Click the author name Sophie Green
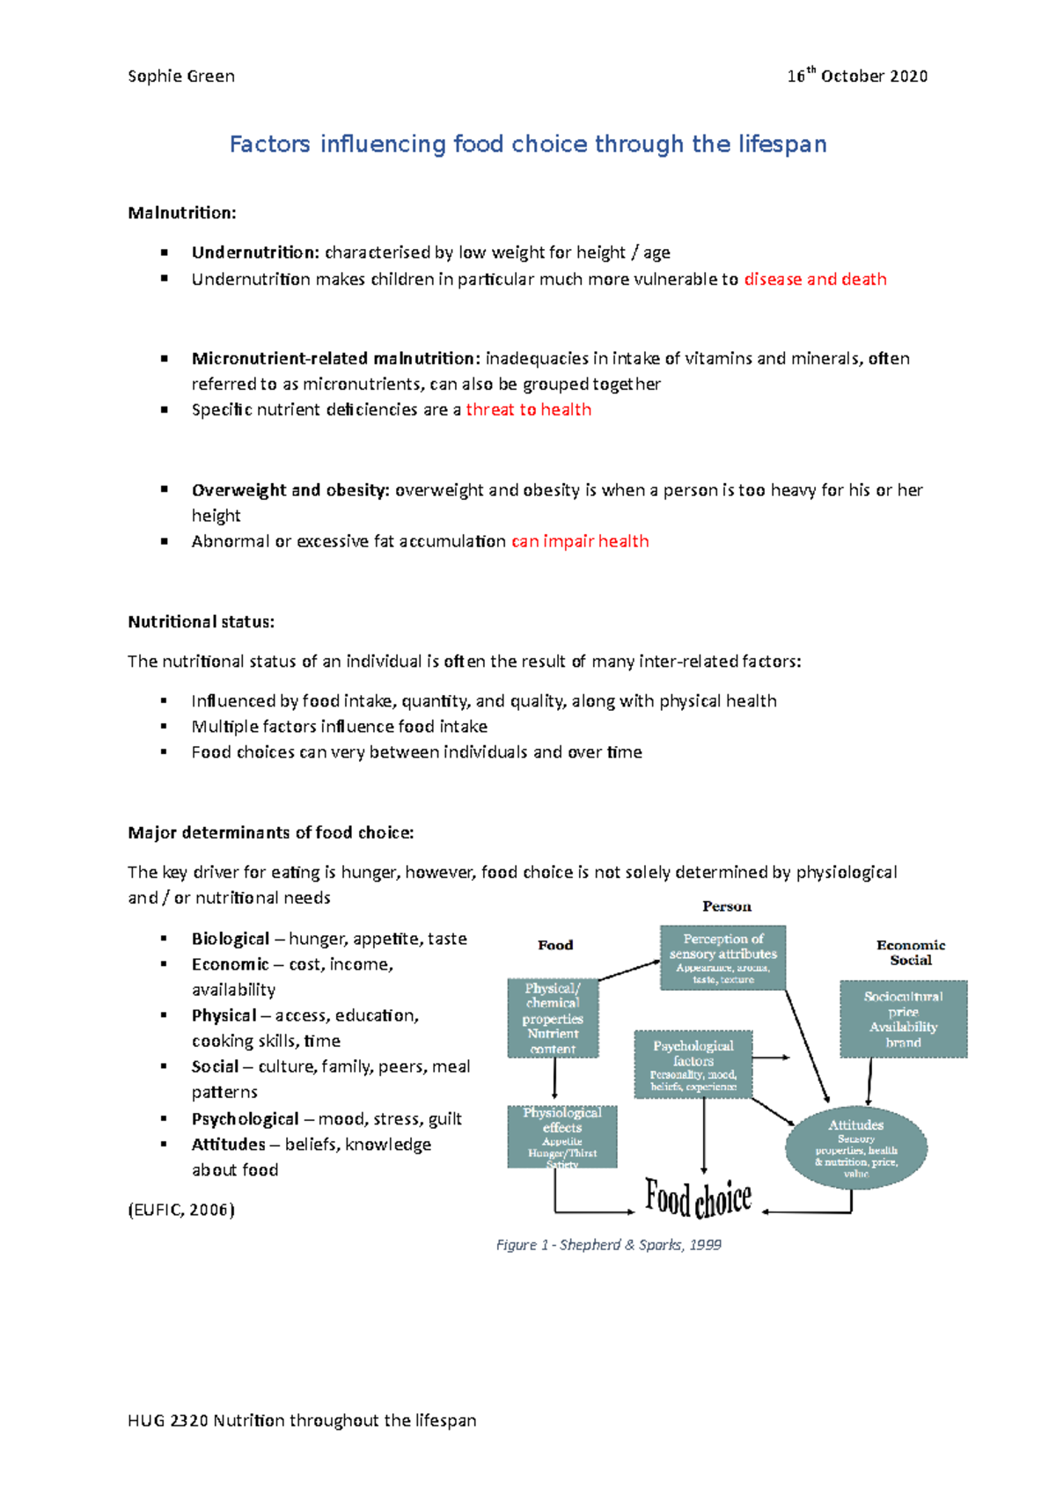(x=181, y=77)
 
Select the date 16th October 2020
(x=857, y=77)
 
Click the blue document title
(x=528, y=144)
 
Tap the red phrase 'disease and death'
(x=815, y=280)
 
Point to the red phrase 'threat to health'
(x=528, y=410)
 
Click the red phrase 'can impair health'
(x=580, y=542)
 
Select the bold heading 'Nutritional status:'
(x=201, y=622)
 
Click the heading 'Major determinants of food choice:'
(x=270, y=833)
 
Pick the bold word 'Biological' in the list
(x=231, y=939)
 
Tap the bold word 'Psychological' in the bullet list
(x=245, y=1119)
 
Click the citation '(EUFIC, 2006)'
(x=181, y=1210)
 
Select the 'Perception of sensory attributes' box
(x=722, y=957)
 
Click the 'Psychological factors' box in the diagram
(x=693, y=1065)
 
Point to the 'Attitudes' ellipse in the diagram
(x=855, y=1147)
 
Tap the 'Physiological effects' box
(x=562, y=1137)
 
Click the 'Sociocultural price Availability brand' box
(x=903, y=1019)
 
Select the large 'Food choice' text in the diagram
(x=699, y=1198)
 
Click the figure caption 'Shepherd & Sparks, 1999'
(x=609, y=1245)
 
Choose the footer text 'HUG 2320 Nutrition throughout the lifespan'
(x=302, y=1421)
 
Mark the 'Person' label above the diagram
(x=727, y=906)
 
